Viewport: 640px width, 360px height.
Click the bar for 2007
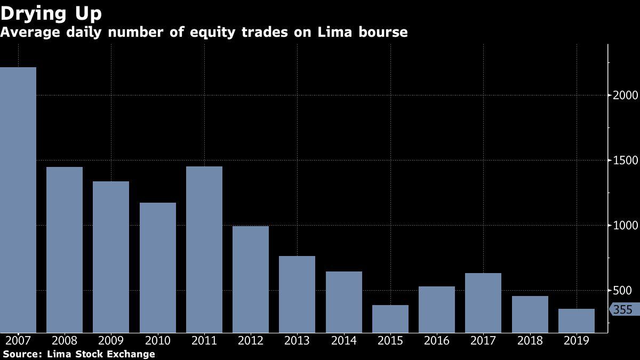click(18, 200)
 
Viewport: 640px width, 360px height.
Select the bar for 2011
click(204, 250)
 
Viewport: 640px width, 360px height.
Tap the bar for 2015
click(390, 319)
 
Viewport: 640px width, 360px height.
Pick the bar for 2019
click(577, 321)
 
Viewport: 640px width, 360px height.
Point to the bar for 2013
click(297, 294)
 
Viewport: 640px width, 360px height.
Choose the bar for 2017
click(483, 303)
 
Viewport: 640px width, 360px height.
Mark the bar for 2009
click(111, 257)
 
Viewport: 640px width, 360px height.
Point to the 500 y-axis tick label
click(622, 291)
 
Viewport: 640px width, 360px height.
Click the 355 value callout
click(622, 310)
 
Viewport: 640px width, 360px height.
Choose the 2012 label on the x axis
click(251, 341)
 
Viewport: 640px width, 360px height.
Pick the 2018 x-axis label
click(530, 341)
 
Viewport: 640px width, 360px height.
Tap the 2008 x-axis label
click(65, 341)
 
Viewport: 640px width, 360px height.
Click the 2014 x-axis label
click(344, 341)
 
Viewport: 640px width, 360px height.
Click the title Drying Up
click(51, 13)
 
